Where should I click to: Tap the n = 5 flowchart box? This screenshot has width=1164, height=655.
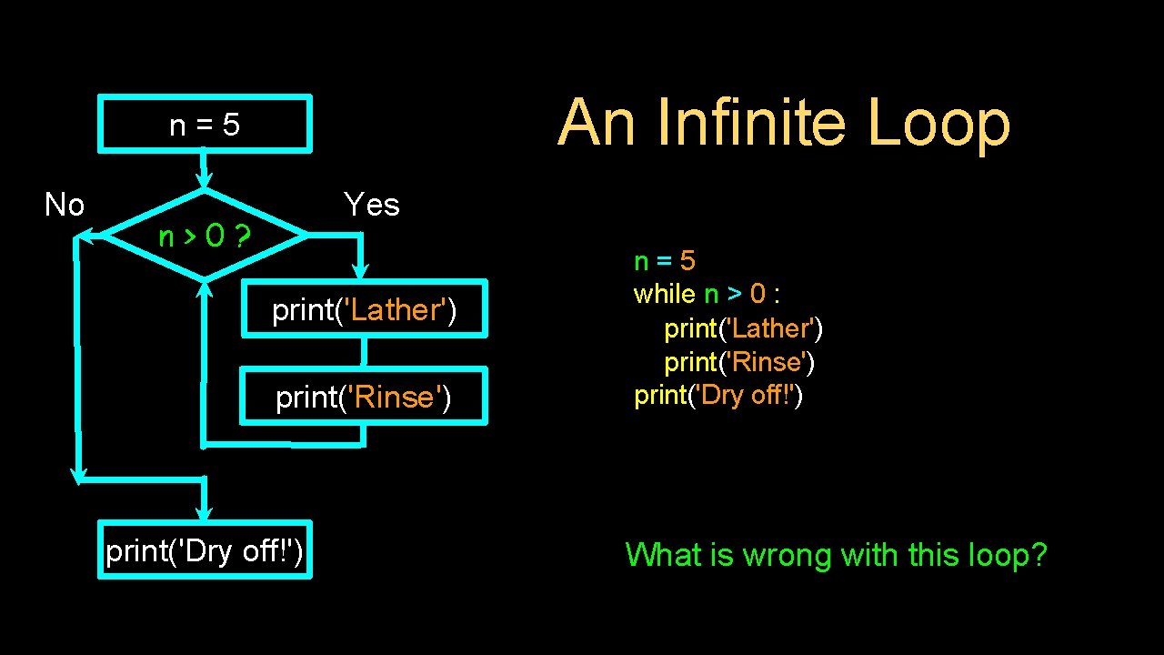point(205,124)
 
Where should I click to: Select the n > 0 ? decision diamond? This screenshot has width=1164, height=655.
point(206,237)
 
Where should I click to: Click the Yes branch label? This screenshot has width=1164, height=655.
point(371,205)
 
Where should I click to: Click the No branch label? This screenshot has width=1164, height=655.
point(65,206)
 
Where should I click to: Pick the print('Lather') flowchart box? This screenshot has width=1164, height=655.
point(364,310)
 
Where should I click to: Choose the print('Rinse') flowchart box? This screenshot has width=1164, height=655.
point(364,398)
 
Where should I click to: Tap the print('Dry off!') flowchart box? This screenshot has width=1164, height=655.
point(205,550)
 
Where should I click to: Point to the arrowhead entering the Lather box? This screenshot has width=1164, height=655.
point(361,269)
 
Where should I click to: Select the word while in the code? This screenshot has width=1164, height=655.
point(664,295)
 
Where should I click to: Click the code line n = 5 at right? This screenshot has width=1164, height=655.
point(665,262)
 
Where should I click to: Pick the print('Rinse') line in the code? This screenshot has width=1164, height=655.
point(739,362)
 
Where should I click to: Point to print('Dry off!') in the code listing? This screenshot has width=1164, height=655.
point(718,396)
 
